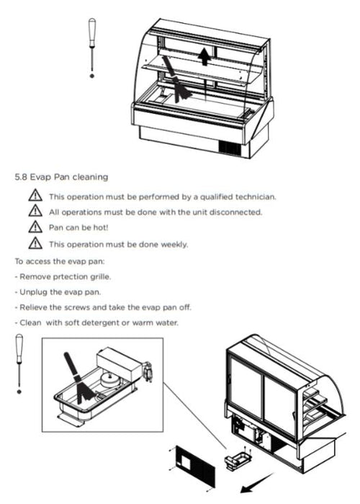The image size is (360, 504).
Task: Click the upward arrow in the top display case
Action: pyautogui.click(x=204, y=57)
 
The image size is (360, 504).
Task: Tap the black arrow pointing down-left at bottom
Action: pyautogui.click(x=257, y=483)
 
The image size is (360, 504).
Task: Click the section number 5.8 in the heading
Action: pyautogui.click(x=21, y=177)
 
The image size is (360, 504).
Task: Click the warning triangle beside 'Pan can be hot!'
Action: pyautogui.click(x=35, y=227)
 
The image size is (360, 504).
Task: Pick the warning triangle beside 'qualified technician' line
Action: pyautogui.click(x=35, y=195)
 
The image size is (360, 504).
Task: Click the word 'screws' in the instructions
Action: pyautogui.click(x=77, y=307)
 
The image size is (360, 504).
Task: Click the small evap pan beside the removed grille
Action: pyautogui.click(x=237, y=458)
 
